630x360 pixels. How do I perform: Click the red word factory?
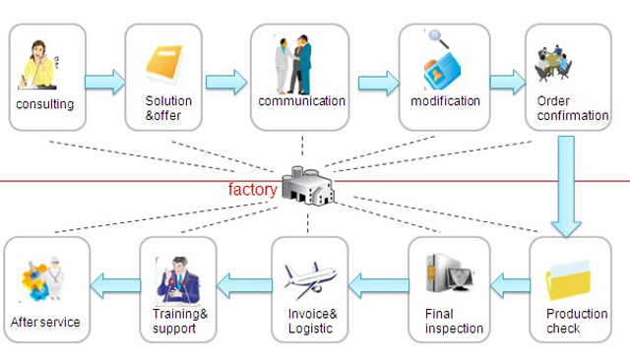(x=253, y=186)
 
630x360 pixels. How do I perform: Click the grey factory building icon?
(x=307, y=184)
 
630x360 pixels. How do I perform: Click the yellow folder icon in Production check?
(x=571, y=284)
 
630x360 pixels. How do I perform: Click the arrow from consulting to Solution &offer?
(x=105, y=81)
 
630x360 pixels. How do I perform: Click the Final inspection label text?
(x=454, y=322)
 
